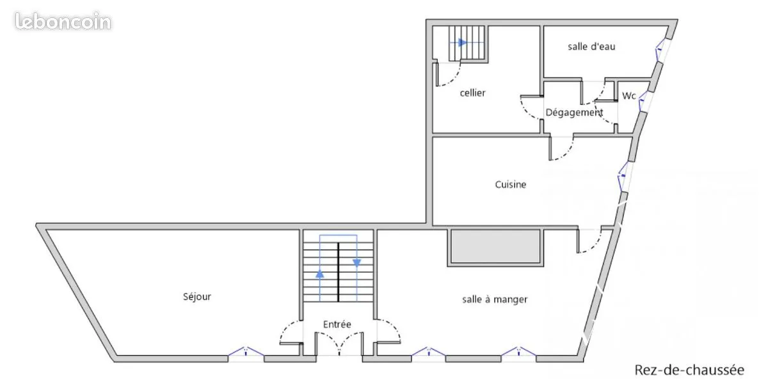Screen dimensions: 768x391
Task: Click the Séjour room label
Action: tap(197, 297)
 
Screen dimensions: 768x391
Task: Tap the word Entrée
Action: tap(337, 324)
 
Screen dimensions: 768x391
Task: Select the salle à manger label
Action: tap(495, 300)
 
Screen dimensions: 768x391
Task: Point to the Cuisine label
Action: tap(511, 185)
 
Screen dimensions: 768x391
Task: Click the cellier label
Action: tap(472, 93)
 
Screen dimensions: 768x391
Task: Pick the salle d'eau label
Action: tap(591, 47)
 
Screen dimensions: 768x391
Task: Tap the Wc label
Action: tap(628, 96)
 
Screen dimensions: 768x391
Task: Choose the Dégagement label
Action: tap(574, 113)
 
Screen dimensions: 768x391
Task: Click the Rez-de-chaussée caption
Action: tap(689, 370)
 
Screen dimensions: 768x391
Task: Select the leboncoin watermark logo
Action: tap(63, 21)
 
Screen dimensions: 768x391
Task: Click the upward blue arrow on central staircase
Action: tap(319, 273)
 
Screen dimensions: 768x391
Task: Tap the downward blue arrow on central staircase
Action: tap(357, 263)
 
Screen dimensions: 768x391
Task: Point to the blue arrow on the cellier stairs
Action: tap(463, 43)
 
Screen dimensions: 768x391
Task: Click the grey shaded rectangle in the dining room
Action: tap(495, 246)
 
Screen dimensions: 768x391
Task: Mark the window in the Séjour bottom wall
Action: tap(246, 355)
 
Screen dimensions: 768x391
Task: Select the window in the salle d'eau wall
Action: tap(662, 50)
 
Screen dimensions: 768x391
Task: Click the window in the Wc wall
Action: tap(644, 101)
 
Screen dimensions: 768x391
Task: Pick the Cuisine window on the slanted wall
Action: tap(625, 177)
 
